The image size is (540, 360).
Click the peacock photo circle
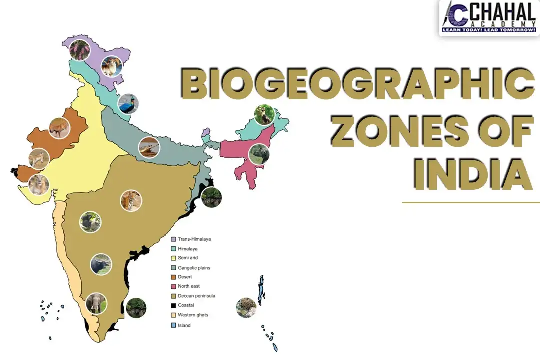pyautogui.click(x=128, y=104)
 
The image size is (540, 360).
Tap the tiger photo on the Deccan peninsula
pyautogui.click(x=131, y=201)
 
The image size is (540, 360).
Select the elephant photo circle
pyautogui.click(x=96, y=303)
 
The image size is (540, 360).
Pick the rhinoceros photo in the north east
pyautogui.click(x=259, y=154)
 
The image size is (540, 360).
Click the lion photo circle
pyautogui.click(x=39, y=184)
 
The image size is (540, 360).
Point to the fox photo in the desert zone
pyautogui.click(x=60, y=129)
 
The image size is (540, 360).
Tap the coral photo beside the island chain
pyautogui.click(x=246, y=308)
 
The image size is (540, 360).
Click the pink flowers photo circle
pyautogui.click(x=80, y=50)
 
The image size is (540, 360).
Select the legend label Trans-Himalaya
pyautogui.click(x=194, y=239)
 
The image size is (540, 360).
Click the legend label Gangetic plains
pyautogui.click(x=194, y=268)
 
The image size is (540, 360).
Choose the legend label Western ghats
pyautogui.click(x=193, y=315)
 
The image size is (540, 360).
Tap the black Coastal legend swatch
pyautogui.click(x=173, y=305)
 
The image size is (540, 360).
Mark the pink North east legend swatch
pyautogui.click(x=173, y=286)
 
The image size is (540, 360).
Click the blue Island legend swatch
pyautogui.click(x=173, y=325)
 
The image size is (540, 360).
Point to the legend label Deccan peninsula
pyautogui.click(x=196, y=296)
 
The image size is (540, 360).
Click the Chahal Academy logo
pyautogui.click(x=488, y=18)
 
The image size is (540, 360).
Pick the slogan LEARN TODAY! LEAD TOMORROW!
pyautogui.click(x=488, y=31)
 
